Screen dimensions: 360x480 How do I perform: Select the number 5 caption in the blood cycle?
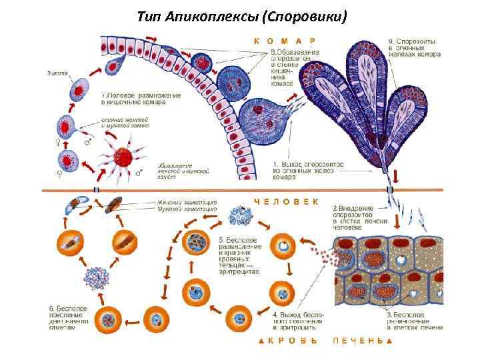point(221,238)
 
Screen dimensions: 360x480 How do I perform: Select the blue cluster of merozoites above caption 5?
point(239,216)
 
